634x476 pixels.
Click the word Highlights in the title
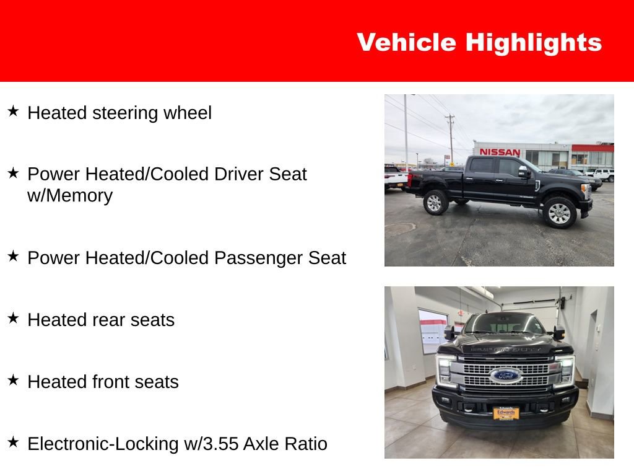(533, 43)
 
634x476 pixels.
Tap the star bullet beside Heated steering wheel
(13, 112)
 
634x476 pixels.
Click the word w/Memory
(70, 196)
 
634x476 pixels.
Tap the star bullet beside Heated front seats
(13, 381)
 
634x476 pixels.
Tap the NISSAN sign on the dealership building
(500, 152)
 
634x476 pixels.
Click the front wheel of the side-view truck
(558, 213)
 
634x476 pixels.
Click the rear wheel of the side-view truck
(435, 202)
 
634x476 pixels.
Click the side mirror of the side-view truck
(524, 172)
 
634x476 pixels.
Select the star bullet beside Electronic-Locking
(13, 443)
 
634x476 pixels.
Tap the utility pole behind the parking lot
(450, 136)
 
